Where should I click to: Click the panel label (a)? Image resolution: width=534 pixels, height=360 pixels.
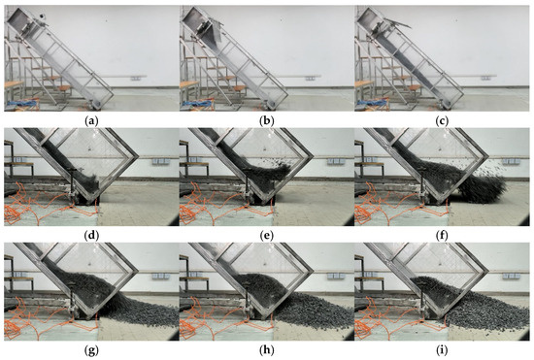[91, 121]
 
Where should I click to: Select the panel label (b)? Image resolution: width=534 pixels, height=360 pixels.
[267, 121]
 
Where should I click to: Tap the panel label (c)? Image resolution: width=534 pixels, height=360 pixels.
[442, 121]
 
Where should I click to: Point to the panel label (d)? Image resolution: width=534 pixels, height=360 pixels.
[91, 236]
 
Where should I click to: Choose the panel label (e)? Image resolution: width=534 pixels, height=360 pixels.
[267, 236]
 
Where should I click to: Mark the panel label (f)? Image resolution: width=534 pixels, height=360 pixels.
[442, 236]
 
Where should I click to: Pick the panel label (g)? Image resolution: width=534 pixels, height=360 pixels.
[91, 350]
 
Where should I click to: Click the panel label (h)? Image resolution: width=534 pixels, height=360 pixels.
[267, 350]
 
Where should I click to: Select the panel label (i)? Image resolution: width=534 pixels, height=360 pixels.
[442, 350]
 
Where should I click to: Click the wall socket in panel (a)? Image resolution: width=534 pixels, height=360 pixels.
[136, 79]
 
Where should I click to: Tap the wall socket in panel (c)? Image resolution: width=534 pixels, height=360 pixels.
[486, 79]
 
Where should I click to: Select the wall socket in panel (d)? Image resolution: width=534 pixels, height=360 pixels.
[158, 161]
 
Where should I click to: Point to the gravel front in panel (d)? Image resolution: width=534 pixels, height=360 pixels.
[90, 181]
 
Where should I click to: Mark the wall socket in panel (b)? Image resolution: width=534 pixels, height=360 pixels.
[311, 79]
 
